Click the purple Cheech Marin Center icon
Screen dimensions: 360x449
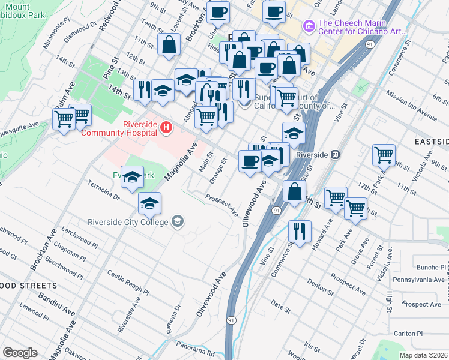(309, 26)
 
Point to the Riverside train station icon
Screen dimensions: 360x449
(337, 154)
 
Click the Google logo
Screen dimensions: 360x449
(20, 353)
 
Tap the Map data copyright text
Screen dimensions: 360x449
(423, 355)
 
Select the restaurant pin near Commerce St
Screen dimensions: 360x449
(299, 231)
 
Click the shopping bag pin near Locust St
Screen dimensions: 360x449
(170, 44)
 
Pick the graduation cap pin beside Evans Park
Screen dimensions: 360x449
(132, 176)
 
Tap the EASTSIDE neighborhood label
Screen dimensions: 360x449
(431, 142)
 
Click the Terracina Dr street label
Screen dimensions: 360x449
(103, 189)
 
